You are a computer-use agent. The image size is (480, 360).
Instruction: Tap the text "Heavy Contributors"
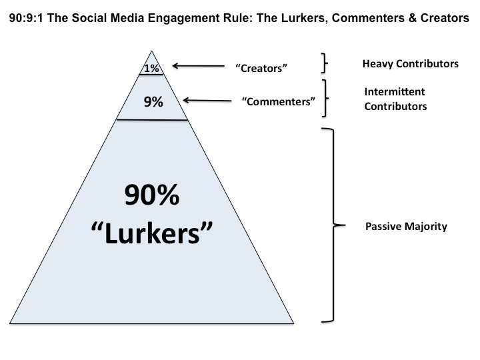(410, 64)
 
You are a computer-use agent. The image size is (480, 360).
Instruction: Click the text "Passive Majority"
(406, 227)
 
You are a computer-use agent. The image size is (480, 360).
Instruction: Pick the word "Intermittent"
(395, 91)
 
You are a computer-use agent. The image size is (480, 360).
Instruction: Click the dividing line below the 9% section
(152, 119)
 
